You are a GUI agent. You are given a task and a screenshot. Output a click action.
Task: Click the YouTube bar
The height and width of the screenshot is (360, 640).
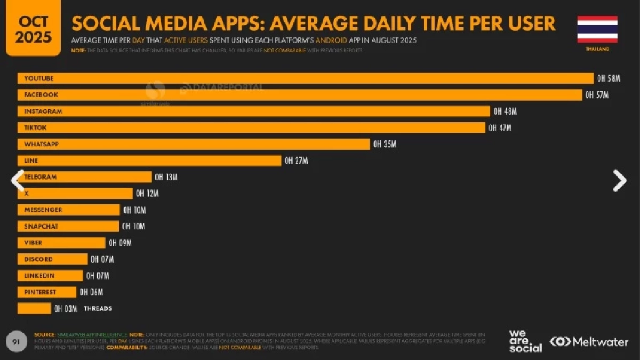point(305,78)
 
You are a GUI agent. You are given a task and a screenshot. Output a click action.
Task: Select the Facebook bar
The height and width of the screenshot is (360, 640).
point(299,95)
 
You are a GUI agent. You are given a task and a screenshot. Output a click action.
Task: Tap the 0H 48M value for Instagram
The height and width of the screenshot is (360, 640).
point(505,111)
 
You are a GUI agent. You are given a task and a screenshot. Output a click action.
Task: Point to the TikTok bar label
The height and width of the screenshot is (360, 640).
point(36,127)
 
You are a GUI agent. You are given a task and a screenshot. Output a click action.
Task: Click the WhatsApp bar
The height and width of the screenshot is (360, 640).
point(194,144)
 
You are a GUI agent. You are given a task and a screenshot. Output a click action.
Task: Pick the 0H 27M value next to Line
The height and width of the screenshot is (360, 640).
point(296,161)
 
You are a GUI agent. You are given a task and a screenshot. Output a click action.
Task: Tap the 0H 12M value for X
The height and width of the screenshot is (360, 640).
point(147,193)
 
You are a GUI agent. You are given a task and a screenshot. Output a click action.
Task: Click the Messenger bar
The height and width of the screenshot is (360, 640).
point(69,210)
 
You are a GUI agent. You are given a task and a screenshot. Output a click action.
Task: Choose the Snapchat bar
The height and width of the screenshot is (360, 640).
point(68,226)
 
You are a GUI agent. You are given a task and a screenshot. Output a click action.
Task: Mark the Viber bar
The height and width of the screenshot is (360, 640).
point(61,243)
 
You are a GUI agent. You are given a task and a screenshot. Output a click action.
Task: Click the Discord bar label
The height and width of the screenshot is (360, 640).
point(38,259)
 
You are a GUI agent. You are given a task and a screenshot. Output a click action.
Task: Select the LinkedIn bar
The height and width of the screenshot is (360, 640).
point(51,276)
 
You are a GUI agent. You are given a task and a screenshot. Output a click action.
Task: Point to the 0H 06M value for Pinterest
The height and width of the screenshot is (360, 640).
point(91,292)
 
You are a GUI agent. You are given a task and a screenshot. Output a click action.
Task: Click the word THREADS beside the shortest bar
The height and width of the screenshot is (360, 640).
point(98,308)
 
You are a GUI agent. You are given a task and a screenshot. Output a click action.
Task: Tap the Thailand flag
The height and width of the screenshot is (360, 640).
point(597,29)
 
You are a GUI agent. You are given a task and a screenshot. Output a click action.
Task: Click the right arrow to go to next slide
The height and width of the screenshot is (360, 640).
point(619,180)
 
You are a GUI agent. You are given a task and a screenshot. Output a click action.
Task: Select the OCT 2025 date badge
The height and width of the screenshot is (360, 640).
point(33,29)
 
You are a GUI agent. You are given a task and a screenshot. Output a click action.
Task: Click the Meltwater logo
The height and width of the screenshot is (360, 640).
point(589,342)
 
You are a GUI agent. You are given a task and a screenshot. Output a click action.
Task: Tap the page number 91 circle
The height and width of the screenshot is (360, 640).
point(16,341)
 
